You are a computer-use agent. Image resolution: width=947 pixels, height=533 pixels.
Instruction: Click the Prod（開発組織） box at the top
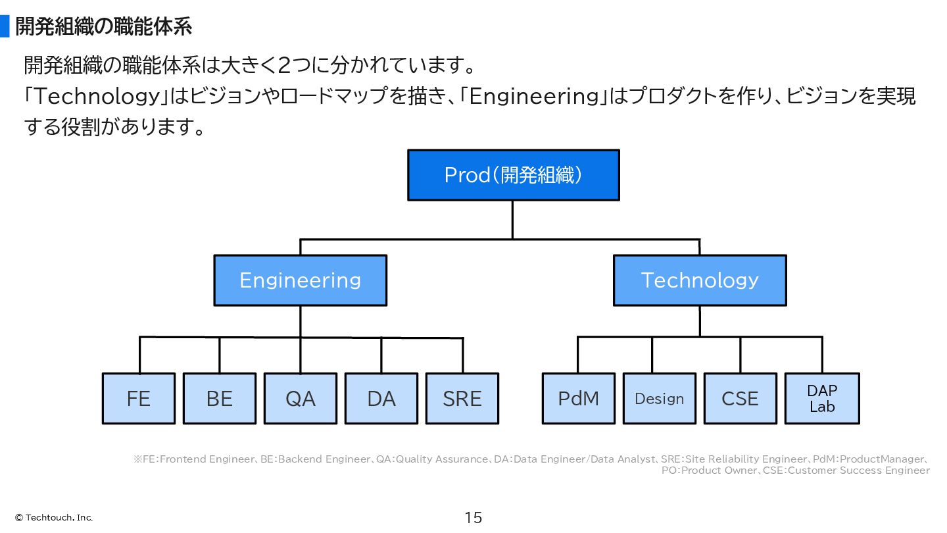click(x=513, y=175)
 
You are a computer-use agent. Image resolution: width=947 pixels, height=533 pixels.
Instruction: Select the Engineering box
click(x=300, y=280)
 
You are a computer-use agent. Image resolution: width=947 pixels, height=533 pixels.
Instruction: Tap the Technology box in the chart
click(x=700, y=280)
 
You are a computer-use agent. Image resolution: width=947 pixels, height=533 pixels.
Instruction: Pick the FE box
click(x=139, y=399)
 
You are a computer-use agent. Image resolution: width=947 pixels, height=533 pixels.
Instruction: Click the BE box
click(x=220, y=399)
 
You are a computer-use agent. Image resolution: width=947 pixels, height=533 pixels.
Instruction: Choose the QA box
click(x=301, y=399)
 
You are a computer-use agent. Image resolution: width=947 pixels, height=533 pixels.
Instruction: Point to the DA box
click(x=381, y=399)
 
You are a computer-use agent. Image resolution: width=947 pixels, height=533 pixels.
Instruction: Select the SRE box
click(x=462, y=399)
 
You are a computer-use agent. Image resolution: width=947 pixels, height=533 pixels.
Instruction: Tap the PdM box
click(x=578, y=399)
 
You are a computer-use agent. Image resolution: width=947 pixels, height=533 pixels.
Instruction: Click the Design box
click(x=660, y=399)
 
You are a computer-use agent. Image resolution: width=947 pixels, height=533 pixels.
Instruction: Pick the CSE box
click(x=741, y=399)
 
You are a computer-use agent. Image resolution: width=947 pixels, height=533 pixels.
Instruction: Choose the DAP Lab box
click(x=822, y=399)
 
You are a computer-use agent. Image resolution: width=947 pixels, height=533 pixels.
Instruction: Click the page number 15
click(x=473, y=518)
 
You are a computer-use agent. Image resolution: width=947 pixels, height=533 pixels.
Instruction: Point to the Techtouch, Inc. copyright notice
click(x=54, y=518)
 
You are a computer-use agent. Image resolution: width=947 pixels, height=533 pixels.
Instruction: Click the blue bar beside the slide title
click(x=5, y=26)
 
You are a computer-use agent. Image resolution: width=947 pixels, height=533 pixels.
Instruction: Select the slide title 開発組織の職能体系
click(x=104, y=26)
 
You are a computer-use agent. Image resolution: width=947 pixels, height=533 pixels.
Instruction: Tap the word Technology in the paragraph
click(x=97, y=97)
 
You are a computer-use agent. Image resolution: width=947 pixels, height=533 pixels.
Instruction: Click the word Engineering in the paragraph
click(x=535, y=97)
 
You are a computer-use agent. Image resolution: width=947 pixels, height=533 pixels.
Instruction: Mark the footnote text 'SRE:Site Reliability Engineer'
click(x=734, y=459)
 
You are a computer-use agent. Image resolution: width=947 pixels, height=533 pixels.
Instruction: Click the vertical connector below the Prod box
click(x=513, y=220)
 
